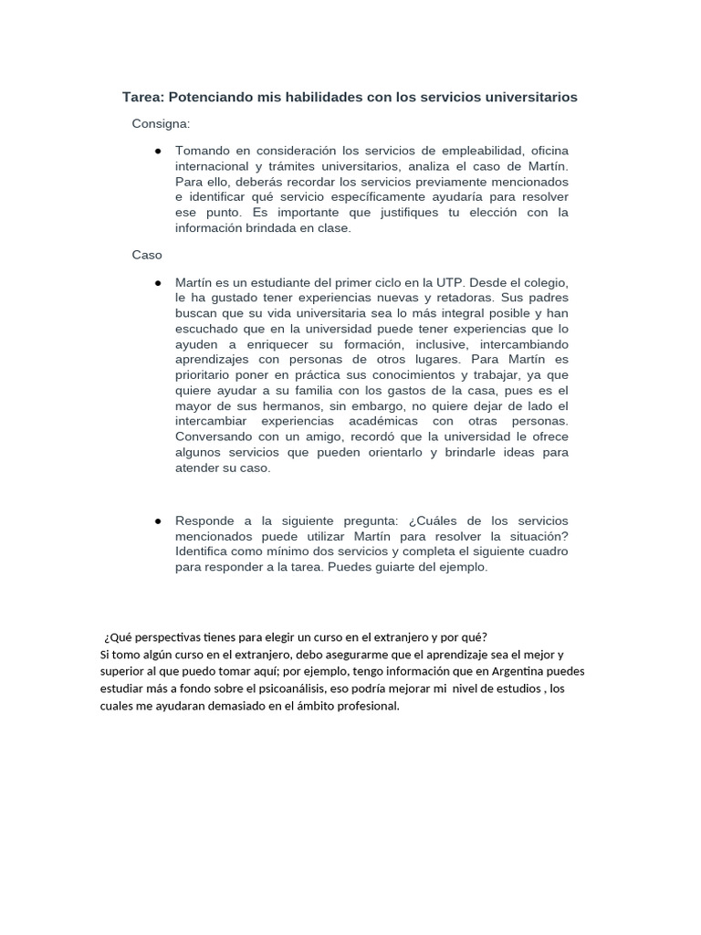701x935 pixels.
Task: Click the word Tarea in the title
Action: click(x=143, y=97)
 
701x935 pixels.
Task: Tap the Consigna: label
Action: click(x=161, y=123)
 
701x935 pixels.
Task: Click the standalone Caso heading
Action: click(x=146, y=256)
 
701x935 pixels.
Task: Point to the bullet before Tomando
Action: click(x=159, y=150)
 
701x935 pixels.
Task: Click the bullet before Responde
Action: click(x=159, y=520)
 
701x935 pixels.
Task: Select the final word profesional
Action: click(x=362, y=706)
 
